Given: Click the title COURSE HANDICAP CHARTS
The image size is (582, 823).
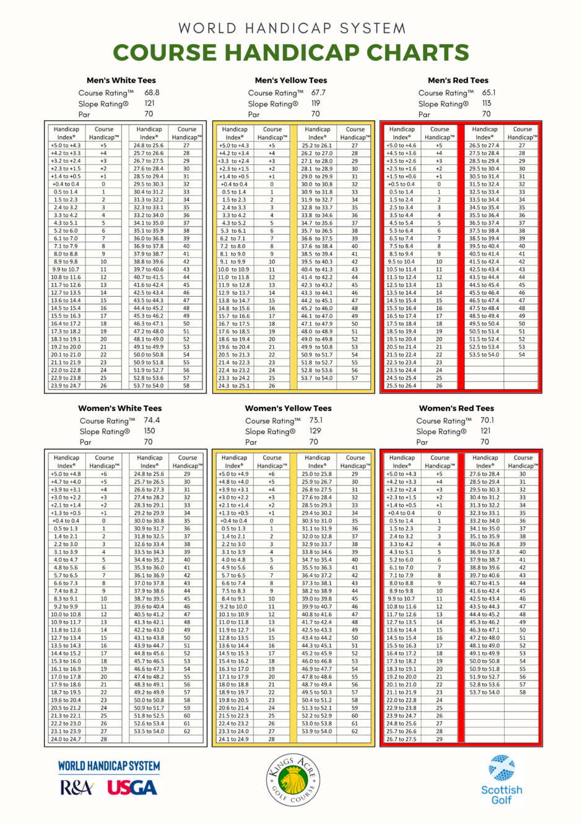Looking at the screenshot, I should click(291, 53).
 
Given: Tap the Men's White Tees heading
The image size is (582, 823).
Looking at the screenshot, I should click(121, 81).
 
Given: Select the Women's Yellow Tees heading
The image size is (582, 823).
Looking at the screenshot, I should click(288, 409).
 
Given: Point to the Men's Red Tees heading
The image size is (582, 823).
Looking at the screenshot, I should click(458, 81).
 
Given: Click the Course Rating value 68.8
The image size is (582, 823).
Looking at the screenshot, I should click(152, 93).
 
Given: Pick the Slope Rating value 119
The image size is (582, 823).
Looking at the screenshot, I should click(316, 104).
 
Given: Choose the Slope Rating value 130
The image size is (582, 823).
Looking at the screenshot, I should click(149, 432).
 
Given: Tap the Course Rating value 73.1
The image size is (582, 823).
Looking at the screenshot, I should click(316, 420).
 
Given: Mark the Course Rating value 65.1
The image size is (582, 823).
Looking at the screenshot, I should click(489, 93).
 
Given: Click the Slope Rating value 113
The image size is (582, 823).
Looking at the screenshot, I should click(487, 104).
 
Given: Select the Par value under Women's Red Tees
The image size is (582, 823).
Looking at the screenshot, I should click(484, 442).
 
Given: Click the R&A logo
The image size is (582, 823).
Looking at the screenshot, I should click(77, 788).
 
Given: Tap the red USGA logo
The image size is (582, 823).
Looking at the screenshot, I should click(132, 788).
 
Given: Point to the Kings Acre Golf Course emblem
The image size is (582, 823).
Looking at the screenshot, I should click(293, 780).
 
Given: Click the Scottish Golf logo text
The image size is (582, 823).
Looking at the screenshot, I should click(502, 795).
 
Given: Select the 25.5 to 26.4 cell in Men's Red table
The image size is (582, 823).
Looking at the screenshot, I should click(401, 386).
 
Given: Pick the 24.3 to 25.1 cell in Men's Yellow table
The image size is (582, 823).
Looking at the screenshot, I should click(234, 386).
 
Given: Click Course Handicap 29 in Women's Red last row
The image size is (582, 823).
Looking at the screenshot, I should click(439, 739).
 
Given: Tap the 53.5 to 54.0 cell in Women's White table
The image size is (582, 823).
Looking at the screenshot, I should click(149, 731).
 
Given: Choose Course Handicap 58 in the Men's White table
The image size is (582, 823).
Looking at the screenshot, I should click(186, 386).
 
